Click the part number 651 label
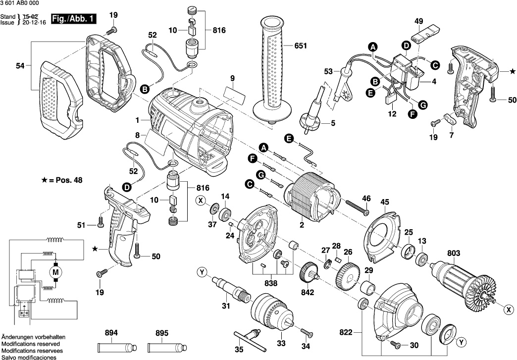[x=301, y=46]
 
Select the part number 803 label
[x=453, y=253]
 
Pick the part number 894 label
[x=112, y=333]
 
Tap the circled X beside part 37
[x=201, y=201]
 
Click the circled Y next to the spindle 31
[x=202, y=272]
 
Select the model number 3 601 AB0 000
[x=20, y=3]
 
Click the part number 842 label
[x=308, y=292]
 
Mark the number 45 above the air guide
[x=385, y=202]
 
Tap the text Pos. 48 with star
[x=62, y=180]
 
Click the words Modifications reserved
[x=31, y=344]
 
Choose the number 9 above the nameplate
[x=232, y=78]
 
